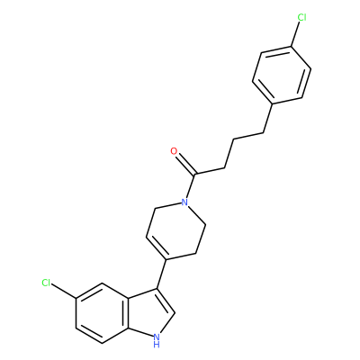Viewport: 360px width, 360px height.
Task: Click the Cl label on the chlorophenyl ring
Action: tap(301, 17)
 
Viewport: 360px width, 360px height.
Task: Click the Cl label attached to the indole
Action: tap(46, 283)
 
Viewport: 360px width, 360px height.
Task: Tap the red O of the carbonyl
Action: tap(174, 151)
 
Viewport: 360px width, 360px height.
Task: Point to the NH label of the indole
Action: tap(157, 340)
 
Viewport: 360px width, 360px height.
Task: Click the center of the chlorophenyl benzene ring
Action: tap(282, 76)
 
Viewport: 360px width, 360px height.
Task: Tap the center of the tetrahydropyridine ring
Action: tap(175, 231)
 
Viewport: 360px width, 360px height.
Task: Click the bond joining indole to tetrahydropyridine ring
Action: tap(162, 274)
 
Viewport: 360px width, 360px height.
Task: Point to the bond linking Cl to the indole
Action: tap(64, 291)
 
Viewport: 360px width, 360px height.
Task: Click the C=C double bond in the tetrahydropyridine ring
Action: tap(157, 247)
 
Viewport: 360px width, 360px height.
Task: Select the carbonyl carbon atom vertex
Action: tap(195, 175)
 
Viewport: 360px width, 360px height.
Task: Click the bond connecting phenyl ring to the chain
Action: tap(268, 119)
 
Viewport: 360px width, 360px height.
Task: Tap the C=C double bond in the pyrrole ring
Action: tap(166, 301)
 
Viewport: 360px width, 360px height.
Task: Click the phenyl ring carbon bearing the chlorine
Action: tap(291, 47)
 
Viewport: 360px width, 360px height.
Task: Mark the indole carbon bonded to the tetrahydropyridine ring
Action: tap(157, 289)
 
